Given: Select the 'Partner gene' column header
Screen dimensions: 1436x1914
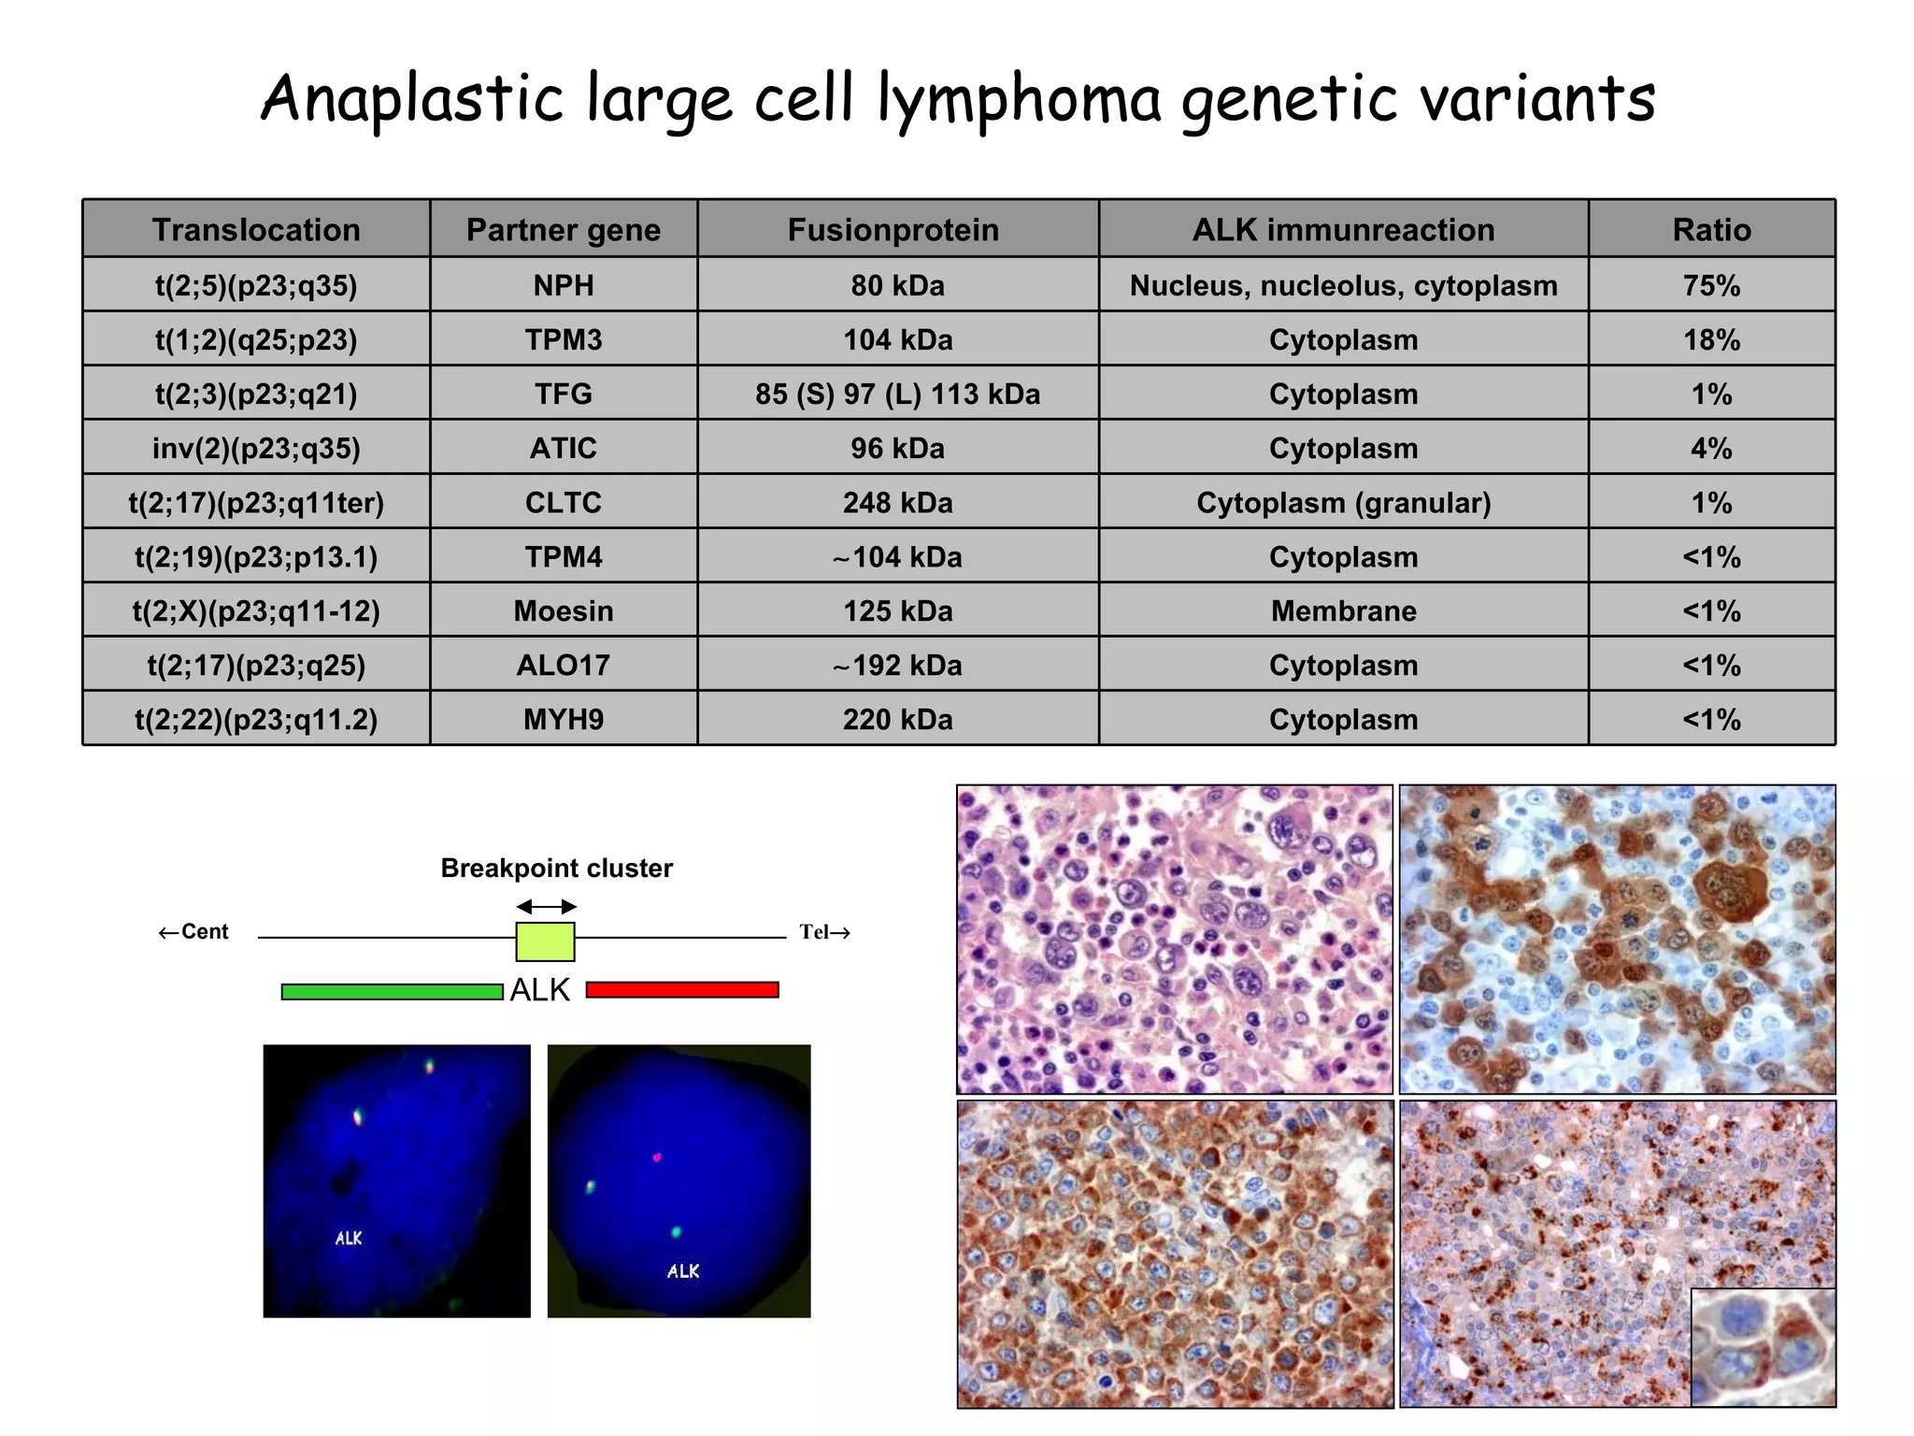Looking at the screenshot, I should click(564, 230).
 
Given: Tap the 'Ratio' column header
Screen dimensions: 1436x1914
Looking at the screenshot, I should click(1711, 230).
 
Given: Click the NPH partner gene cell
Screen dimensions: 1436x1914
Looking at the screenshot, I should click(564, 285).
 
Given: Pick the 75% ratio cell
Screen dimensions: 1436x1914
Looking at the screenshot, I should click(1711, 285).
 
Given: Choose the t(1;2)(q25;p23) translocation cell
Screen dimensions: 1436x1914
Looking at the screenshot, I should click(256, 339).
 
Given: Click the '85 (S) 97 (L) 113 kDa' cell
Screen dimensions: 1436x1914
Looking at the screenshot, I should click(897, 394).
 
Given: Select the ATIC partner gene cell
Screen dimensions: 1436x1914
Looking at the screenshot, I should click(564, 448).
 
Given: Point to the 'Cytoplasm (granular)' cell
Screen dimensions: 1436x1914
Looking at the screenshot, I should click(1343, 503).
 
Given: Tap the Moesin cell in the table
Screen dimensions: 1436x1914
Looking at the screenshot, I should click(564, 611).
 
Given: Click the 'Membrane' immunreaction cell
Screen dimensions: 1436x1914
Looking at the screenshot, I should click(1343, 611).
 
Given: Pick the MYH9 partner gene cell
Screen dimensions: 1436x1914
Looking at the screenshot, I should click(564, 720).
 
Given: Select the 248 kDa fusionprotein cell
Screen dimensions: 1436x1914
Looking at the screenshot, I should click(897, 503).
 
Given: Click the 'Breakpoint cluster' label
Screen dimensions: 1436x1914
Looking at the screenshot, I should click(556, 869).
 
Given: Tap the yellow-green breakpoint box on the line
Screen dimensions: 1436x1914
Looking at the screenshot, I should click(545, 941).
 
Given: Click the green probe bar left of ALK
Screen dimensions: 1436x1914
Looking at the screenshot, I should click(392, 992).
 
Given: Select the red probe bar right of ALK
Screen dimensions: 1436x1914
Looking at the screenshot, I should click(682, 990).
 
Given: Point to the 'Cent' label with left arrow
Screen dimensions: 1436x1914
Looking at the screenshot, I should click(193, 932).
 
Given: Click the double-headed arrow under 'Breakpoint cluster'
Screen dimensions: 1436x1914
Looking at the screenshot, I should click(547, 907).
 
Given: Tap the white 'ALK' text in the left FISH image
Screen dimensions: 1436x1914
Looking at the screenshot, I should click(349, 1239).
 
